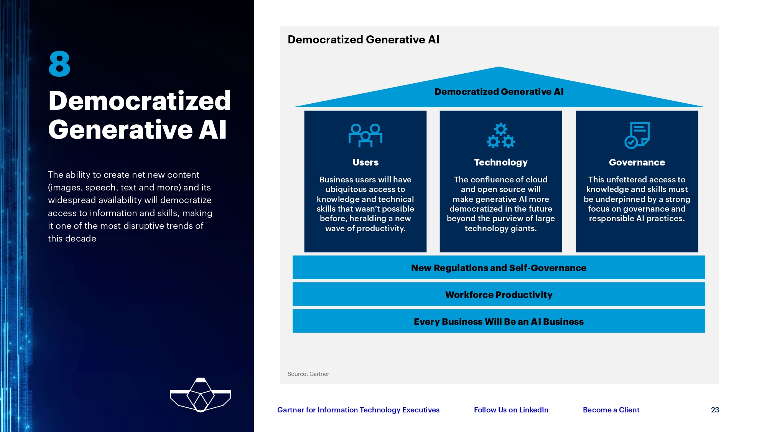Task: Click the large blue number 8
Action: [59, 64]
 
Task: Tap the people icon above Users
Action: [365, 135]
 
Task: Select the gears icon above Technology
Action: [500, 136]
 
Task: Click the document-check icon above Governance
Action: [637, 135]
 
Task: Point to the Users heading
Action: [365, 162]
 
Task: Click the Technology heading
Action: [500, 162]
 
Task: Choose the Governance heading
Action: [637, 162]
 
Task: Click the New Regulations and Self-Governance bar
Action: [499, 268]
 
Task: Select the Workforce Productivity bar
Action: [499, 295]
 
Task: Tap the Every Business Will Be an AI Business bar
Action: [499, 321]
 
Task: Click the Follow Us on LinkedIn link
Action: [511, 410]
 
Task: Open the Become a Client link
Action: [611, 410]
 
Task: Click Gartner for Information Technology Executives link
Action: [358, 410]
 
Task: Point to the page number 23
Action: [715, 410]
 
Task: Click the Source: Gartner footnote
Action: [308, 374]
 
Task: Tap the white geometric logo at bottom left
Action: [200, 395]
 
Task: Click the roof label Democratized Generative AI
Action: [499, 92]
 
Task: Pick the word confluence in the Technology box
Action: [490, 180]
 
